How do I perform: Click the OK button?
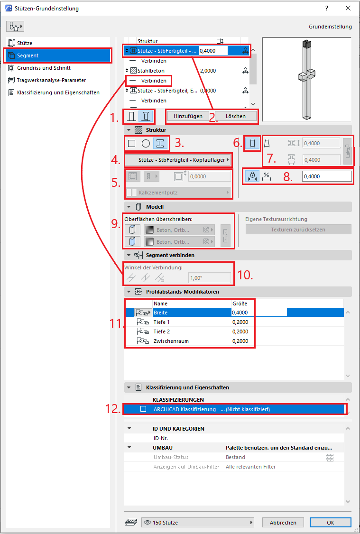330,523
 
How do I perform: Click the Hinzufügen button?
188,116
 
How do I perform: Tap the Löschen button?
235,116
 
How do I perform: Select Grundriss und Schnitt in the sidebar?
44,68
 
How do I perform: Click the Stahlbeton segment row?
151,71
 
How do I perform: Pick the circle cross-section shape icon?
146,143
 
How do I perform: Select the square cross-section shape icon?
131,143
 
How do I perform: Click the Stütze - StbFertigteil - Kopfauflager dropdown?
177,160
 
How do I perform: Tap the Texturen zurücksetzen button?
298,230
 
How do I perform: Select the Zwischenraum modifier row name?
171,341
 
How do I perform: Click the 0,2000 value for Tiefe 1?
240,322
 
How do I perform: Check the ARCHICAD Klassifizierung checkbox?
143,409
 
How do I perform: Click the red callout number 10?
245,275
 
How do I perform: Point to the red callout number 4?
116,160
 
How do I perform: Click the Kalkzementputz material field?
178,193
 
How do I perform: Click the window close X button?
348,8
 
